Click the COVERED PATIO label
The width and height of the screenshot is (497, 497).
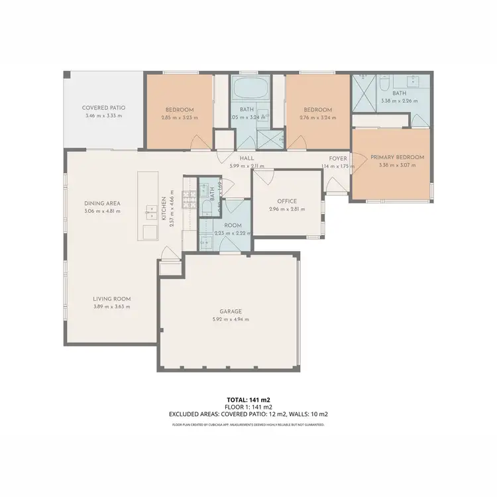pos(103,107)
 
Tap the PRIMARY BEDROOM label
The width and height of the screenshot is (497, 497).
pos(397,157)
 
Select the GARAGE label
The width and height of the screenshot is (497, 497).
pos(230,311)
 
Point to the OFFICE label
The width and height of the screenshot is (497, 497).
pos(287,201)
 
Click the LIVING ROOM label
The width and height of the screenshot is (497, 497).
pos(111,299)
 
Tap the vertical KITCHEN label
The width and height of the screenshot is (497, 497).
pos(163,207)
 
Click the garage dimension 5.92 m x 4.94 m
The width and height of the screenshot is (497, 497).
pos(230,319)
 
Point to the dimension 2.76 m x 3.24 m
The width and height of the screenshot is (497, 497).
pos(317,117)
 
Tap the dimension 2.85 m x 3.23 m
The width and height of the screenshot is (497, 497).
pos(180,117)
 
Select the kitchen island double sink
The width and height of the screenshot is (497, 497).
pos(147,211)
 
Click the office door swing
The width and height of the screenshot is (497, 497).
pos(264,176)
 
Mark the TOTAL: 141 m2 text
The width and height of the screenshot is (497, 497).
pos(248,400)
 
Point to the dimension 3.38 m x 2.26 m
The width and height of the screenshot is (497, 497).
pos(399,101)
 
